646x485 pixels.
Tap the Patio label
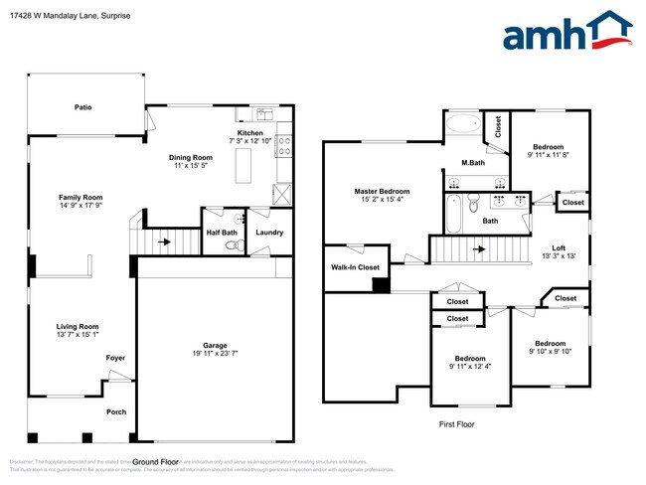[x=84, y=106]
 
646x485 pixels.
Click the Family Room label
[x=81, y=197]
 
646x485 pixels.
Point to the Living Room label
[x=77, y=326]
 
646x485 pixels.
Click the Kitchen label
[x=249, y=133]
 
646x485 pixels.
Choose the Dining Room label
[x=189, y=157]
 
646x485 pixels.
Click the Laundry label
[x=269, y=233]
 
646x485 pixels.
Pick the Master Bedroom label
[x=382, y=191]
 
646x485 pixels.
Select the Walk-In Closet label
[x=355, y=267]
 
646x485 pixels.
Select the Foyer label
[x=116, y=358]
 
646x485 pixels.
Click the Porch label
[x=116, y=411]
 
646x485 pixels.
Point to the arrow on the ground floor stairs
[x=164, y=241]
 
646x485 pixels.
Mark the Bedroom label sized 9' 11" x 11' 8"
[x=549, y=145]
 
